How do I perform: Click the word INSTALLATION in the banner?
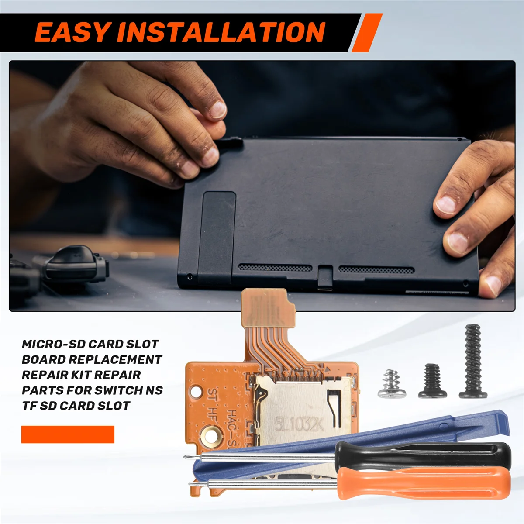tap(221, 33)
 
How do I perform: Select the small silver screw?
tap(388, 384)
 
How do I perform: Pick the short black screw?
tap(432, 382)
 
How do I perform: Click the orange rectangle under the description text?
tap(68, 434)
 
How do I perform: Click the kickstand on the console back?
tap(217, 236)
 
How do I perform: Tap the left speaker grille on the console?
tap(275, 267)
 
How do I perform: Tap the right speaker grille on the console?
tap(376, 270)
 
